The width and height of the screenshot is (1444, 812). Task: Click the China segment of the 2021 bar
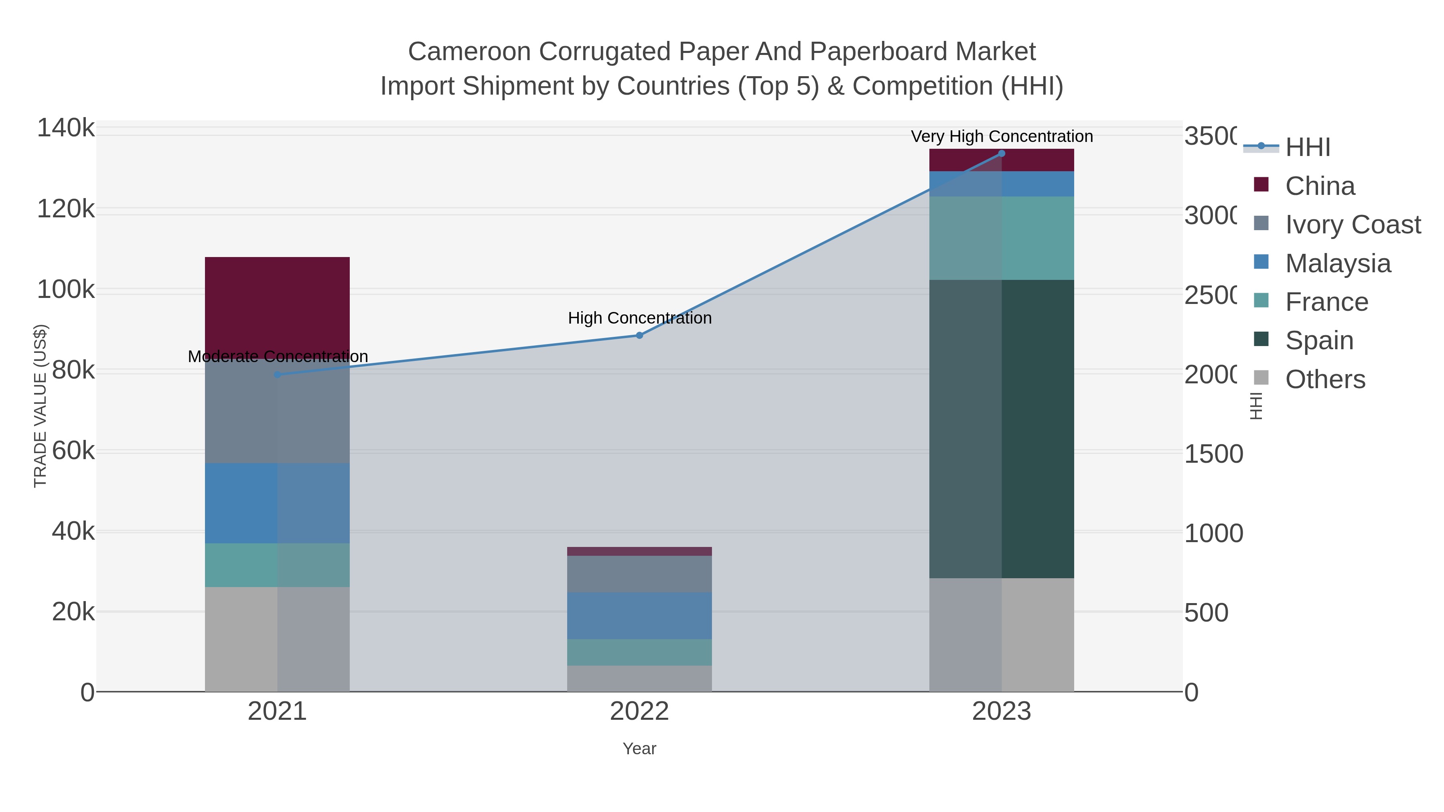[277, 306]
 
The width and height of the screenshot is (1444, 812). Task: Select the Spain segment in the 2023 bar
[1001, 429]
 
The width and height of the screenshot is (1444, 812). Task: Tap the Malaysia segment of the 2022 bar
[639, 615]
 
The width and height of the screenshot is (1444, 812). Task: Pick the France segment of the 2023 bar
[1001, 238]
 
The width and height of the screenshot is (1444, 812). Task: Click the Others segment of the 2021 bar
[277, 639]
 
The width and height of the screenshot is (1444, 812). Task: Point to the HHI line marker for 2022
[639, 335]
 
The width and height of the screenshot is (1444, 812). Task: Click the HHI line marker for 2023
[1001, 153]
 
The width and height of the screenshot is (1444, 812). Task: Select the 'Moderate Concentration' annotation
[278, 356]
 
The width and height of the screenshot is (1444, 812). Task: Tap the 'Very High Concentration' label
[1001, 136]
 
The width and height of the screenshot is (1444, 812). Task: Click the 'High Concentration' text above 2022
[639, 318]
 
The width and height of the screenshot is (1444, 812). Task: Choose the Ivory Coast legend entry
[1352, 225]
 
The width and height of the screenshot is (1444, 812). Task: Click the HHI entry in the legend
[1307, 148]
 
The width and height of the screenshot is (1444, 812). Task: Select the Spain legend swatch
[1261, 339]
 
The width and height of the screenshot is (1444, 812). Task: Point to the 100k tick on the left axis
[66, 290]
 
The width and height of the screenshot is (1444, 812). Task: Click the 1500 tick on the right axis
[1213, 454]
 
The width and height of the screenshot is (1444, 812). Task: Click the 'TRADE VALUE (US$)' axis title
[41, 406]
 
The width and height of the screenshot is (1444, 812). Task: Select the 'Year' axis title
[639, 749]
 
